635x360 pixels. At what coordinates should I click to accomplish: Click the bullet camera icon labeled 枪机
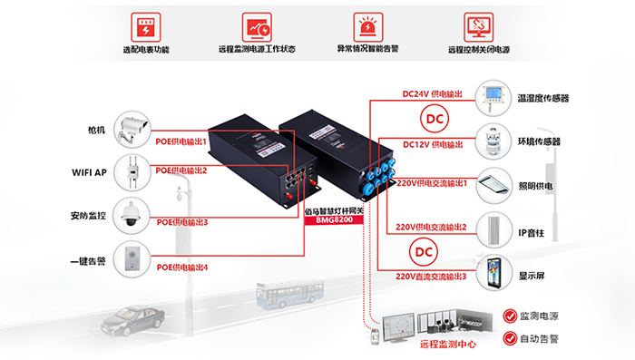click(x=132, y=130)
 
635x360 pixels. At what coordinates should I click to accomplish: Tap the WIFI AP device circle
click(x=132, y=172)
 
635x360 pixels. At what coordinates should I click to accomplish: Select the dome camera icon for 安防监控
click(x=132, y=216)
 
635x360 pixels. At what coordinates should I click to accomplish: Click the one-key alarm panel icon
click(x=132, y=259)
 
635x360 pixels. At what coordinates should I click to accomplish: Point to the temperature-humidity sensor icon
click(x=493, y=98)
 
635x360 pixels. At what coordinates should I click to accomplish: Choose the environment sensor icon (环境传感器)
click(x=493, y=141)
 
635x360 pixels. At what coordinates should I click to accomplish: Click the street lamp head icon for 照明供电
click(x=494, y=186)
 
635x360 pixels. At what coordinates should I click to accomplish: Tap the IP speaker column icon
click(x=494, y=230)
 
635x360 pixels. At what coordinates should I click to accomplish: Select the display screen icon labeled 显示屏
click(x=494, y=273)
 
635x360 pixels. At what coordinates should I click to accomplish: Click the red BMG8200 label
click(x=334, y=219)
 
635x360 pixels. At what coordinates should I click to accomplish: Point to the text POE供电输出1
click(x=181, y=141)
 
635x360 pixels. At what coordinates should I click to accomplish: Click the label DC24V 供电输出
click(x=432, y=94)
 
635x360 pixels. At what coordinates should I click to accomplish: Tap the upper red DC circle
click(x=435, y=119)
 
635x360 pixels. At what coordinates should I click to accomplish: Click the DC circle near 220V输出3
click(x=424, y=252)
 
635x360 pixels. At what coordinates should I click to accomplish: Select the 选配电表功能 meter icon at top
click(x=146, y=26)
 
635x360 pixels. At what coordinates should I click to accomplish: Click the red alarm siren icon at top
click(x=367, y=26)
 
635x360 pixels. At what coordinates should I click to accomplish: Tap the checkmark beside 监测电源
click(x=510, y=316)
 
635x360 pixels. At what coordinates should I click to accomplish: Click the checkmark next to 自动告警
click(x=510, y=338)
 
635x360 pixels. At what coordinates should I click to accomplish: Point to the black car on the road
click(x=132, y=320)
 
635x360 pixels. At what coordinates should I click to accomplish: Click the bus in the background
click(x=290, y=294)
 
